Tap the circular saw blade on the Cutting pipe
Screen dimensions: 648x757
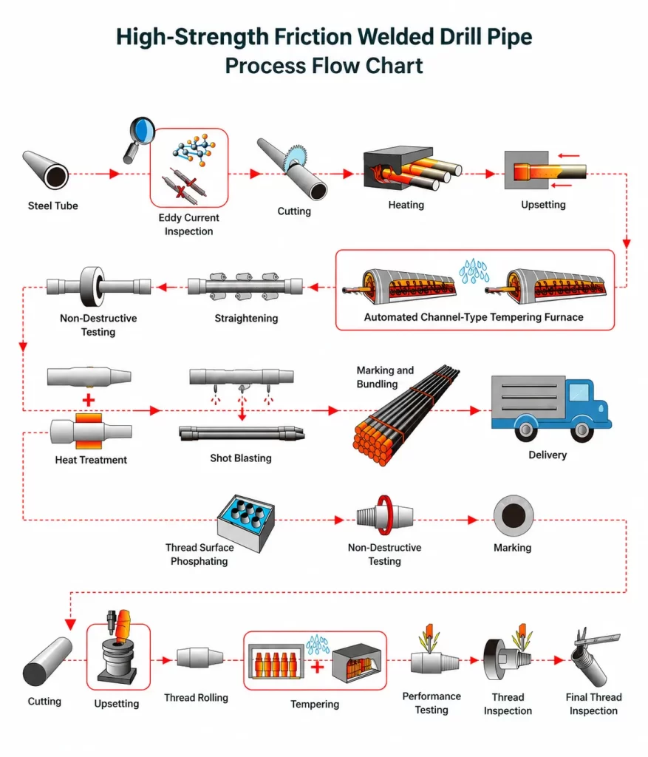295,157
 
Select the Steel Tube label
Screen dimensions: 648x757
52,206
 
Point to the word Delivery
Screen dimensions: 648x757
548,455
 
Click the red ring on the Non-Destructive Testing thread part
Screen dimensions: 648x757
384,515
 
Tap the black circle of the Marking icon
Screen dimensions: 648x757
514,515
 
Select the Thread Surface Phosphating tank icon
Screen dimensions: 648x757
246,523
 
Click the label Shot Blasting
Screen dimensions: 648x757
241,458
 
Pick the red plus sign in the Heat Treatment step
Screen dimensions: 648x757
89,400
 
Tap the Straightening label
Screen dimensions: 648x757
246,318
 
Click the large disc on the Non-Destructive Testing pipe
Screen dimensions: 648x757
92,286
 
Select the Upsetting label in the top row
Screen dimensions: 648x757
543,205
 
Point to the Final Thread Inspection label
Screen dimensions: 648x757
593,704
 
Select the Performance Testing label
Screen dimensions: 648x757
432,703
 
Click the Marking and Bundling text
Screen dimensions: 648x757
385,377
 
